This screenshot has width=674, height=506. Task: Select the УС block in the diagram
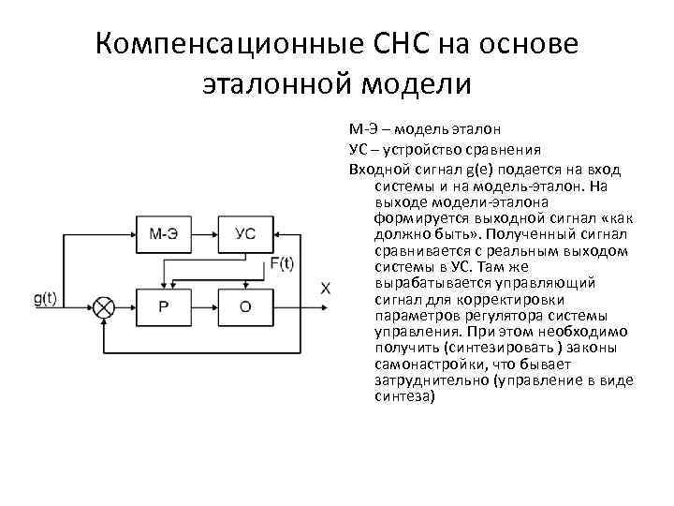(244, 233)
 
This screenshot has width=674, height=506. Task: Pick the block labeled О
(244, 306)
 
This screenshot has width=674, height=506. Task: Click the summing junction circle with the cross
(103, 306)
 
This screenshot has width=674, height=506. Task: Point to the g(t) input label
(45, 299)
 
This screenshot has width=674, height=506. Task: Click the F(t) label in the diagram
(282, 263)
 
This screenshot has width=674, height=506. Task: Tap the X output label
(325, 289)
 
